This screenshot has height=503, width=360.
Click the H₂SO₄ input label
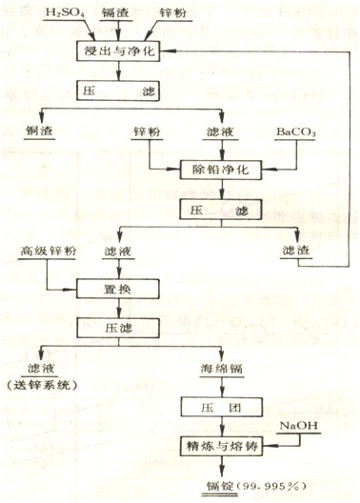(x=38, y=13)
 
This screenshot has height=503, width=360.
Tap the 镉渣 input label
(x=104, y=13)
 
